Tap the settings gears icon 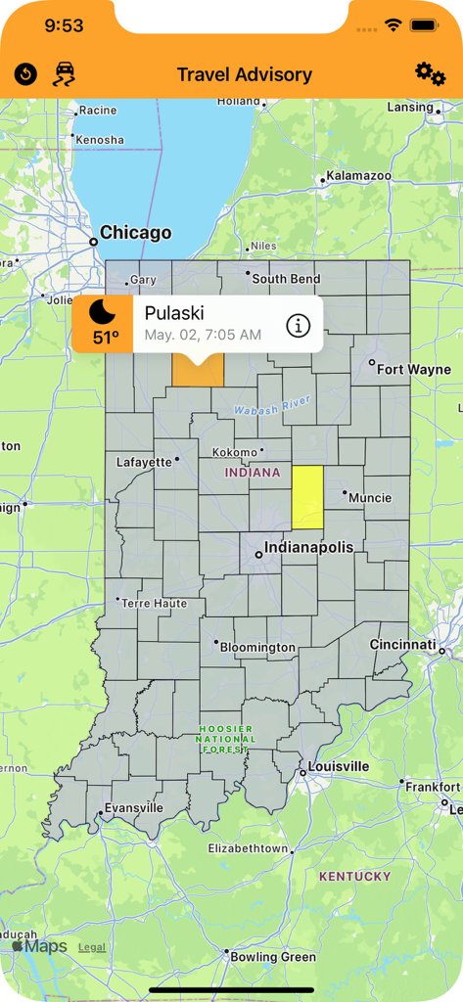point(430,72)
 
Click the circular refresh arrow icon point(25,73)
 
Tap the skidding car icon point(64,73)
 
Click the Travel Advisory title point(245,74)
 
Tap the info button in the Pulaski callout point(298,325)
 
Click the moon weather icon point(103,313)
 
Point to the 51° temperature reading point(106,339)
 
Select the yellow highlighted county point(307,496)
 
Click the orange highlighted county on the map point(198,371)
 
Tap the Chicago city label point(135,233)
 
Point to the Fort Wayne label point(414,369)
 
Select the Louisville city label point(338,765)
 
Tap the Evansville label point(134,808)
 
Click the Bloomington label point(257,647)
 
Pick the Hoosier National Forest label point(225,739)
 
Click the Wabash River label point(273,403)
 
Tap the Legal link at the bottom point(92,947)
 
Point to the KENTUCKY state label point(354,876)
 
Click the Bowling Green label point(273,957)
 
